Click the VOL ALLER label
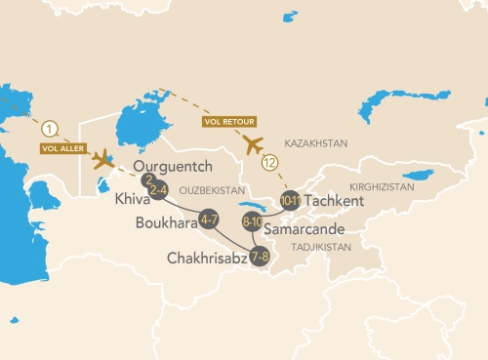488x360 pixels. pyautogui.click(x=60, y=148)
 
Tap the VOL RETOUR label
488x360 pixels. pyautogui.click(x=230, y=122)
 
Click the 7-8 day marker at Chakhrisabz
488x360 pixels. pyautogui.click(x=261, y=258)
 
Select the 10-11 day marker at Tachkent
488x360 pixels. pyautogui.click(x=290, y=201)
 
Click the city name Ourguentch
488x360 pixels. pyautogui.click(x=172, y=166)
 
